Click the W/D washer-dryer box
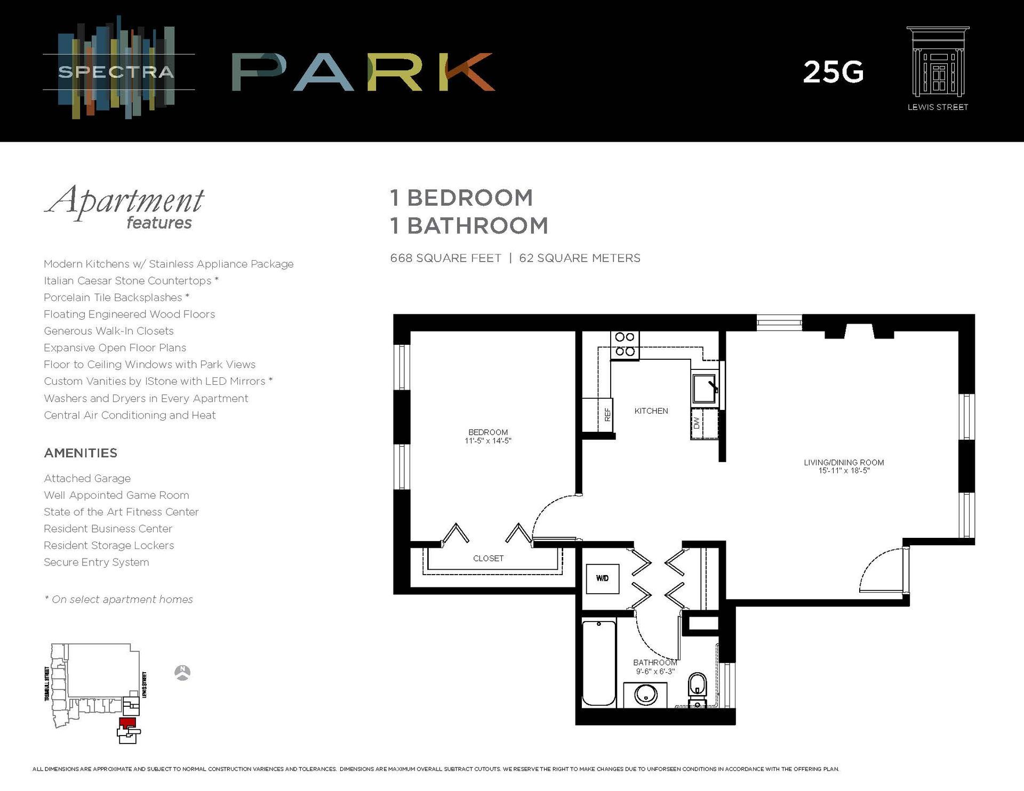pos(602,578)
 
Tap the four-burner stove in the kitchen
pos(625,344)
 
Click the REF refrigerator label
pos(607,415)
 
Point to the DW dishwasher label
pos(696,423)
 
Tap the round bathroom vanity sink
pos(646,695)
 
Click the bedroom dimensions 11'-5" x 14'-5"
pos(487,441)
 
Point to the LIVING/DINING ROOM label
pos(844,462)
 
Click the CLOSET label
pos(488,558)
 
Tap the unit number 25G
pos(833,72)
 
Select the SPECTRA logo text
pos(116,72)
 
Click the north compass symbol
pos(182,673)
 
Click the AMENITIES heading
pos(81,453)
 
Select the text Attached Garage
pos(87,479)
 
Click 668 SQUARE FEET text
pos(445,258)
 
